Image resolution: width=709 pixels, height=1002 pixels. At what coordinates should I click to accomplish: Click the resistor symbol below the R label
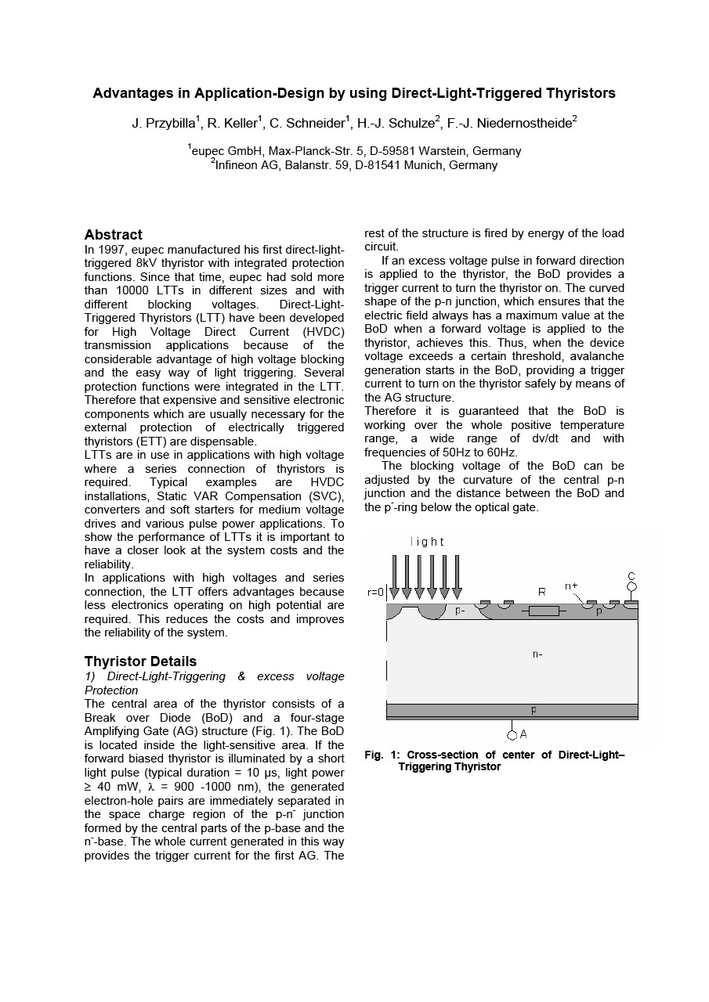[x=543, y=611]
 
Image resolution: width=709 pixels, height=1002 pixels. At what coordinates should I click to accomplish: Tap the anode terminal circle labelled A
[x=512, y=734]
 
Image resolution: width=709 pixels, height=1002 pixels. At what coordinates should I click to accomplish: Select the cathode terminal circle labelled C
[x=631, y=586]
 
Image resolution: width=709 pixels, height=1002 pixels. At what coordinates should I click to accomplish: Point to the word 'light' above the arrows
[x=427, y=542]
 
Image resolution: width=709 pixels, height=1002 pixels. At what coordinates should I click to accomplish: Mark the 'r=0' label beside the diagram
[x=375, y=593]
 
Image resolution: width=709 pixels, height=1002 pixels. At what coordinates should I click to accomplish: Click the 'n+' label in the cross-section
[x=572, y=586]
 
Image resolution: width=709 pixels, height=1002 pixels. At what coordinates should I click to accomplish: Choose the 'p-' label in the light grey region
[x=460, y=611]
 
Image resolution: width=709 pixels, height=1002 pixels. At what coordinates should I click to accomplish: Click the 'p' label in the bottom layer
[x=534, y=710]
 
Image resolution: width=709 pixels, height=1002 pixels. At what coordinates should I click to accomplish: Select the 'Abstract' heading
[x=114, y=235]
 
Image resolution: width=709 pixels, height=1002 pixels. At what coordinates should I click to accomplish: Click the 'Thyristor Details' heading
[x=140, y=661]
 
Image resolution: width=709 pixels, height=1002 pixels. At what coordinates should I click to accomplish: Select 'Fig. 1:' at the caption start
[x=382, y=755]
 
